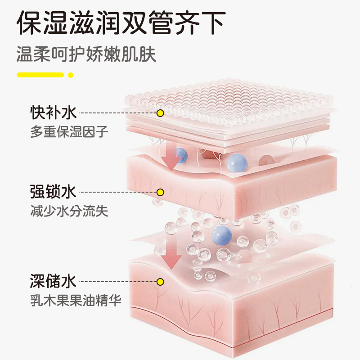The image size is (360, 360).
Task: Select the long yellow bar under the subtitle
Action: click(40, 75)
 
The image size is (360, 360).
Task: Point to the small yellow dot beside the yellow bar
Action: click(70, 75)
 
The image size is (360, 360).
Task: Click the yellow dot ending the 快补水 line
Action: click(160, 113)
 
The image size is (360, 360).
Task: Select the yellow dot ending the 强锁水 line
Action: click(161, 193)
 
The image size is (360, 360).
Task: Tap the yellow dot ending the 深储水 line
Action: click(160, 282)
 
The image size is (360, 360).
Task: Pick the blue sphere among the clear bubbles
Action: click(221, 234)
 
